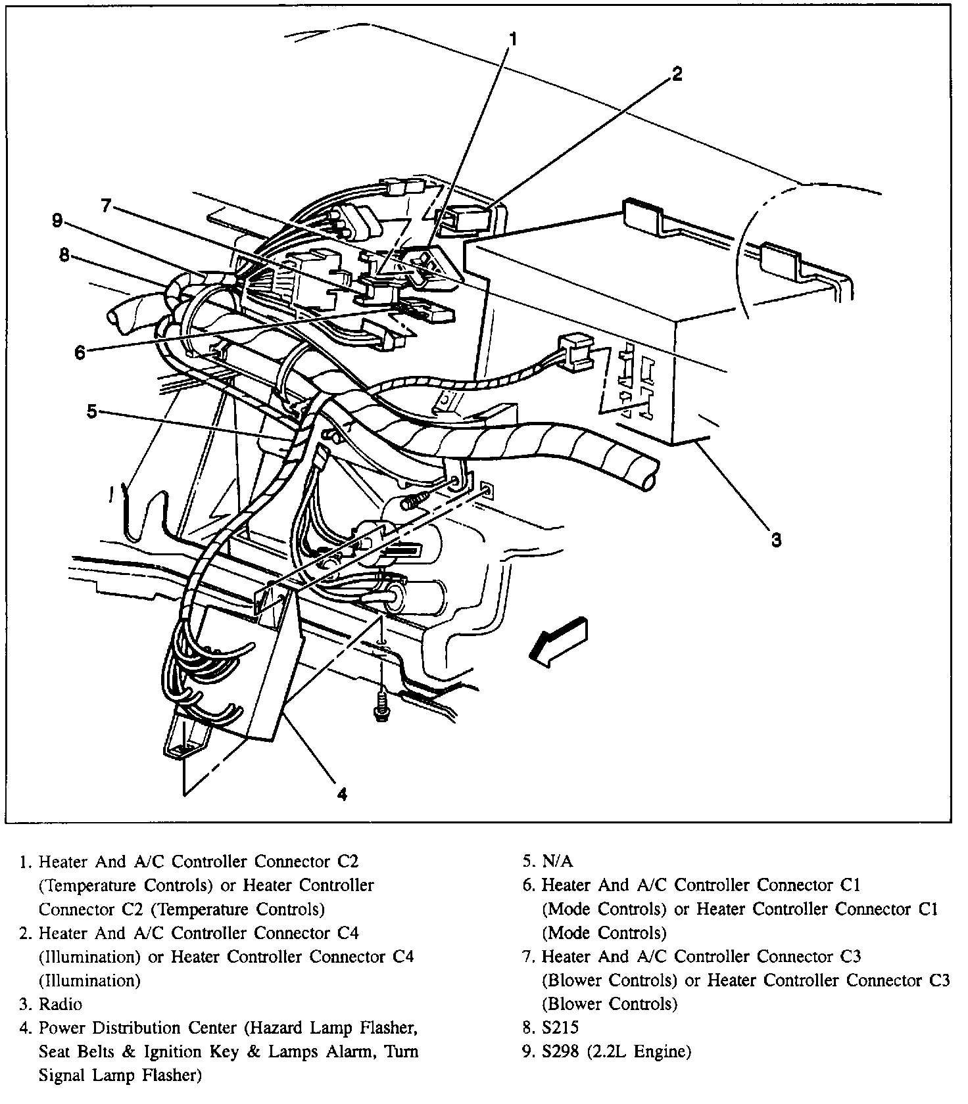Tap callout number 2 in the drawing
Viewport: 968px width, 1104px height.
click(x=677, y=74)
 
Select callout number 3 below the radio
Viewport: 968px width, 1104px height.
click(x=776, y=540)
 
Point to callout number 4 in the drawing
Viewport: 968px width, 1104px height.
click(x=342, y=794)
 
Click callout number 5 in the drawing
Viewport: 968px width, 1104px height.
click(x=92, y=411)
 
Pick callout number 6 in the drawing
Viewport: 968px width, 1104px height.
click(x=80, y=353)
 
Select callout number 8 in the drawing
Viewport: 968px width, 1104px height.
click(x=64, y=255)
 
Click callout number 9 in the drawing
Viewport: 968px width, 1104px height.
click(x=58, y=221)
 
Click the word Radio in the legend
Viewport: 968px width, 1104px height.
click(x=60, y=1004)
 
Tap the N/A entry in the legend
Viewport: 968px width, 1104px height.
click(x=558, y=861)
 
